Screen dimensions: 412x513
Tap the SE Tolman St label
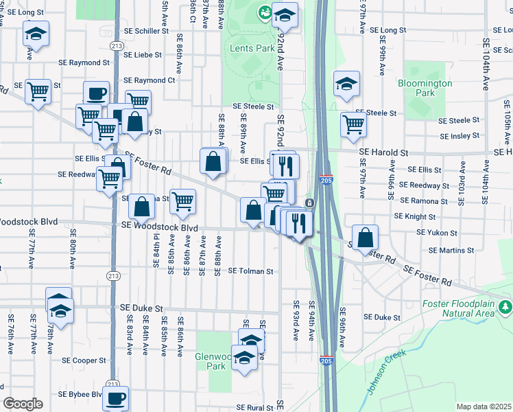(x=250, y=271)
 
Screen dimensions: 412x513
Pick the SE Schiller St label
(x=145, y=31)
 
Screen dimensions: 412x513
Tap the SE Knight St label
(x=415, y=216)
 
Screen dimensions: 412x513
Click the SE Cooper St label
(x=84, y=360)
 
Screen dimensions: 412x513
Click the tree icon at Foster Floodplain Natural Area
(x=505, y=305)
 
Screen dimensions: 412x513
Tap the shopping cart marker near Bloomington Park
(x=353, y=124)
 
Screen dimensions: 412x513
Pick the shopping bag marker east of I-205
(x=367, y=237)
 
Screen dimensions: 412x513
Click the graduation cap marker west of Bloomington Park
(x=346, y=84)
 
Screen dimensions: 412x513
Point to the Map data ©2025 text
(x=484, y=407)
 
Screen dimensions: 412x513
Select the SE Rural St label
(x=252, y=407)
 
